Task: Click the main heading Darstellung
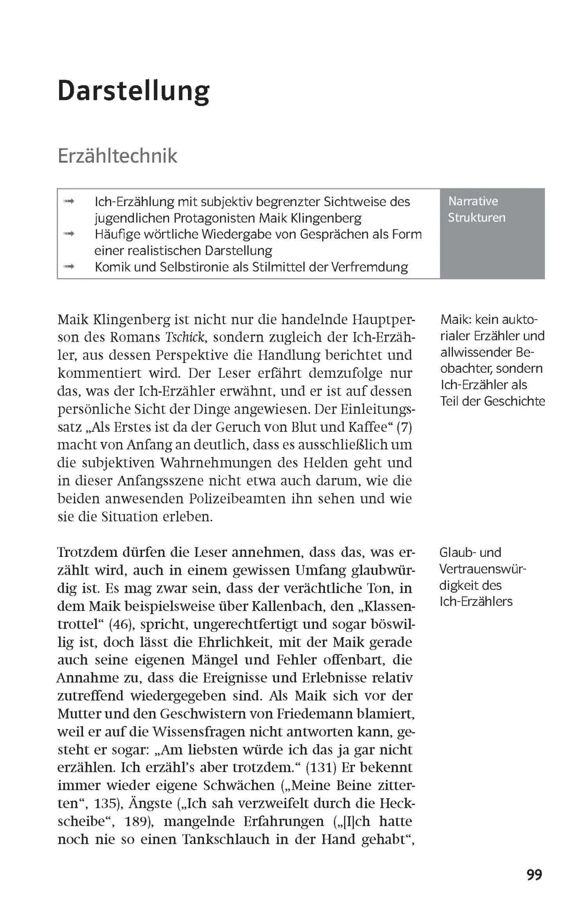(133, 91)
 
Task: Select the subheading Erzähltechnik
(117, 156)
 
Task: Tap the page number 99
(534, 875)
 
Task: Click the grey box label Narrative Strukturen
(476, 209)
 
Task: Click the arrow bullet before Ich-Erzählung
(69, 201)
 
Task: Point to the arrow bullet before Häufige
(69, 234)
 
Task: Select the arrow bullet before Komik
(69, 267)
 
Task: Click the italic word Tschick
(184, 337)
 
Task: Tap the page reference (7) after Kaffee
(404, 427)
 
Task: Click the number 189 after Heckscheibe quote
(137, 822)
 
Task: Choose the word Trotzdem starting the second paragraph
(87, 552)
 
